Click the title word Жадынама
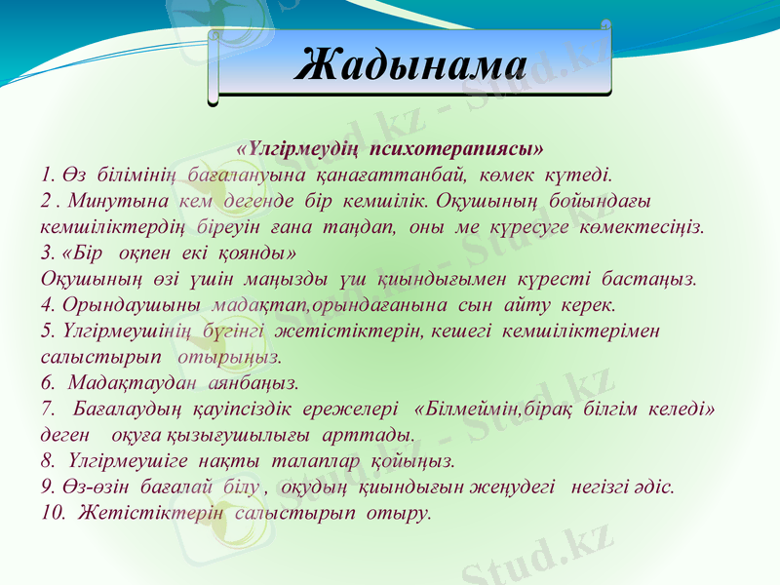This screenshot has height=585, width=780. [x=409, y=64]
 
